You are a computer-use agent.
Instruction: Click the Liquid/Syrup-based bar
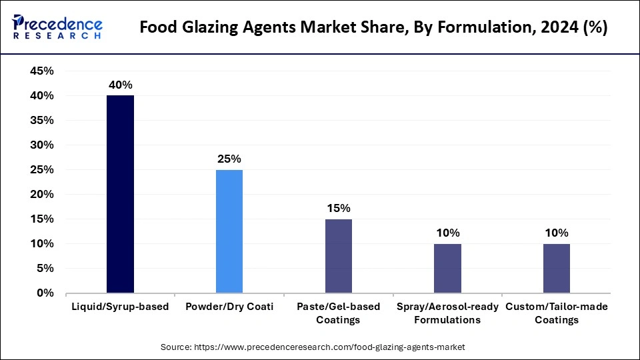tap(120, 194)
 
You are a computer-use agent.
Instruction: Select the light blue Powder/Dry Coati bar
tap(229, 231)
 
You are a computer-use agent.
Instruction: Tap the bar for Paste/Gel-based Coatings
tap(339, 256)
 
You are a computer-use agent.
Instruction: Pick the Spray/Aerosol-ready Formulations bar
tap(447, 268)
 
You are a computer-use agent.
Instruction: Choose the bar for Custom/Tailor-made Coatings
tap(557, 268)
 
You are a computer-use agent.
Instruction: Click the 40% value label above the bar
tap(121, 85)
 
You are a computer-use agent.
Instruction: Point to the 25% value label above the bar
tap(229, 159)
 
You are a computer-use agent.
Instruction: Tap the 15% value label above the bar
tap(339, 208)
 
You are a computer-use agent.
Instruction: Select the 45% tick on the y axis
tap(42, 71)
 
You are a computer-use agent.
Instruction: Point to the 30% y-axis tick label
tap(42, 145)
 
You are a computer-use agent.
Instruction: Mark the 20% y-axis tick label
tap(42, 194)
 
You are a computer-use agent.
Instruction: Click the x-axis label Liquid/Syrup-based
tap(120, 307)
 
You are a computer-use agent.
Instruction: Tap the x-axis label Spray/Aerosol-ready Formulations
tap(447, 313)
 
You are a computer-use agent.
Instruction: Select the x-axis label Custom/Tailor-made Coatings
tap(557, 313)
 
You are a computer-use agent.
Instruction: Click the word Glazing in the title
tap(217, 29)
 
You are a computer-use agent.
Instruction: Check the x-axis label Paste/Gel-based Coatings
tap(339, 313)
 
